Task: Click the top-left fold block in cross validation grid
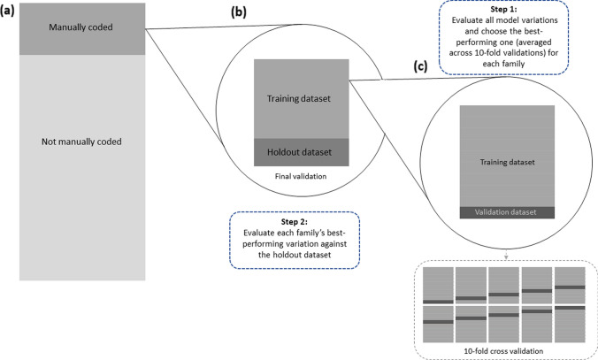pyautogui.click(x=438, y=286)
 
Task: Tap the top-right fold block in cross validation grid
pyautogui.click(x=570, y=286)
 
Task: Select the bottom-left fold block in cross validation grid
pyautogui.click(x=438, y=322)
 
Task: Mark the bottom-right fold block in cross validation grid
pyautogui.click(x=570, y=322)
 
